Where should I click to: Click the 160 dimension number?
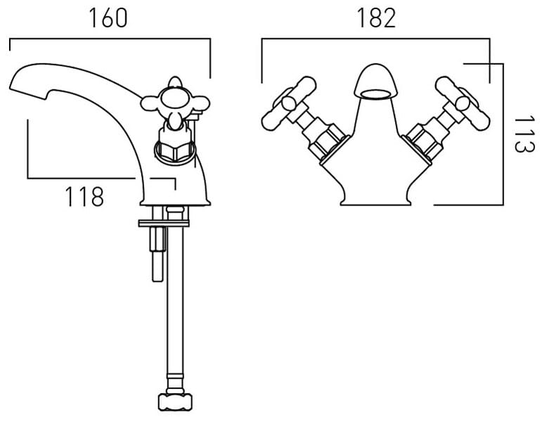click(x=108, y=18)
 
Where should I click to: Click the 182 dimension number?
click(x=376, y=18)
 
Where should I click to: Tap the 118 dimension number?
click(x=84, y=198)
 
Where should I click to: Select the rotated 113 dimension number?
click(x=520, y=136)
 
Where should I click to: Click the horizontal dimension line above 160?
click(x=109, y=40)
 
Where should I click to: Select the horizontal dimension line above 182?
click(x=375, y=40)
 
